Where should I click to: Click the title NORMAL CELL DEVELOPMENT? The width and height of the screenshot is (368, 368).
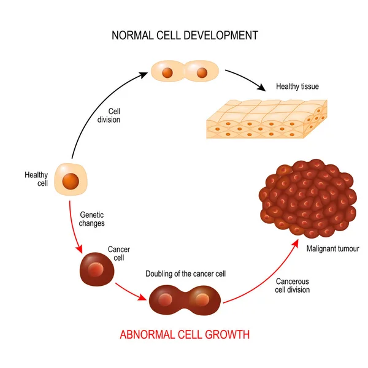pyautogui.click(x=184, y=35)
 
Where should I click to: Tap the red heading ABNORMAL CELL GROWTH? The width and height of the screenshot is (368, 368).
pyautogui.click(x=184, y=335)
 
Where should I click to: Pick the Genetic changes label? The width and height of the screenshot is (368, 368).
pyautogui.click(x=92, y=219)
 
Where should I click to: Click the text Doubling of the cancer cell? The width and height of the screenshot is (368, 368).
pyautogui.click(x=185, y=273)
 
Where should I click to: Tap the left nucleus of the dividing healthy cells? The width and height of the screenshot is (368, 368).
pyautogui.click(x=167, y=73)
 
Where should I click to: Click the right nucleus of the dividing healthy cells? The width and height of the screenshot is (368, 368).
pyautogui.click(x=201, y=73)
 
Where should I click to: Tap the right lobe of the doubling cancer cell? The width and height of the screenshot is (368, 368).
pyautogui.click(x=202, y=301)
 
